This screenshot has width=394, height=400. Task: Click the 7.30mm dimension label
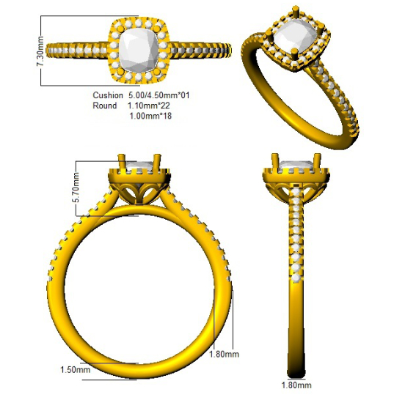40,51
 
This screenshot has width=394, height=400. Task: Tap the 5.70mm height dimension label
76,188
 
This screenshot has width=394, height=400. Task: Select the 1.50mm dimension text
75,369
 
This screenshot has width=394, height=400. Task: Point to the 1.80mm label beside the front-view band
224,354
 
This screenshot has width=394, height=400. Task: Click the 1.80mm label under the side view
296,385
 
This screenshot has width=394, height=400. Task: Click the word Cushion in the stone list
108,95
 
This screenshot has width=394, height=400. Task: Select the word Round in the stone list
105,105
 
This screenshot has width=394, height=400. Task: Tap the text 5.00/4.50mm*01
158,95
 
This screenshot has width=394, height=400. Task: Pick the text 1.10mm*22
149,105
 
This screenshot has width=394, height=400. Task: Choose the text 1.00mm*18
150,116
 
